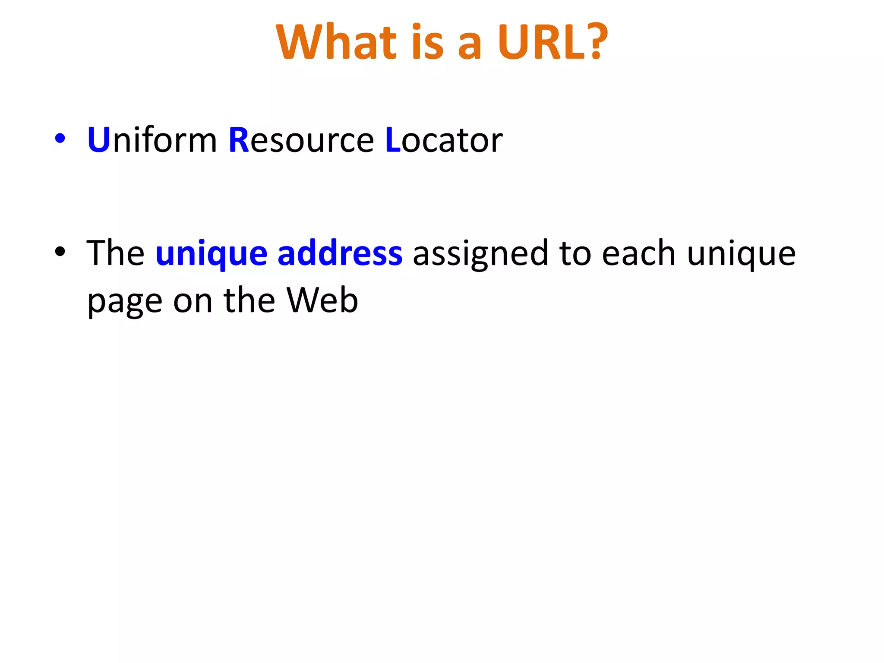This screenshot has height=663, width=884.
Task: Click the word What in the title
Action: [336, 42]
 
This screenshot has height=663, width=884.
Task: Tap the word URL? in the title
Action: [552, 42]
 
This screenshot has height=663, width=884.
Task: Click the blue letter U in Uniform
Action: [98, 140]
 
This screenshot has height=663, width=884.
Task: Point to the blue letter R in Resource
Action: [239, 140]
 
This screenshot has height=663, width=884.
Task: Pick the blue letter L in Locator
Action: [392, 140]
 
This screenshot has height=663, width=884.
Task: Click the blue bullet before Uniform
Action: [60, 139]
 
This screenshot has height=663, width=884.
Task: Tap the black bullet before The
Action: [60, 251]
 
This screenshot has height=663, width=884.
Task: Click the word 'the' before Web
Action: [249, 300]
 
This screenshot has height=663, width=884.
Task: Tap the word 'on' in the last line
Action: [193, 302]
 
